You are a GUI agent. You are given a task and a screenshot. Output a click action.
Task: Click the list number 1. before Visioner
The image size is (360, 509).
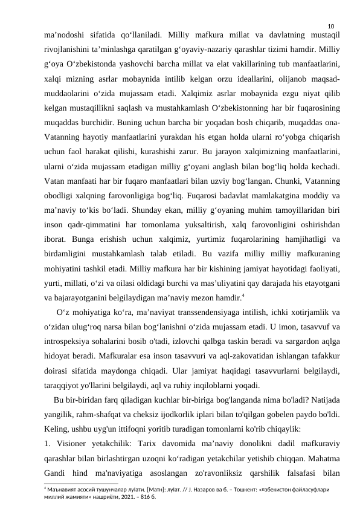[x=48, y=444]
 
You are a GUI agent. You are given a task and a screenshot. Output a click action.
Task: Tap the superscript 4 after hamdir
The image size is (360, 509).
[x=225, y=295]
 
